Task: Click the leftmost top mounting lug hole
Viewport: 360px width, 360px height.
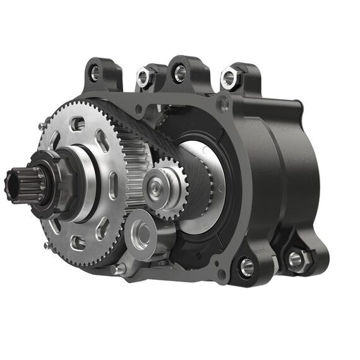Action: pos(95,73)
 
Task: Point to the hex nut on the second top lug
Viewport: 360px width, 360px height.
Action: pos(144,78)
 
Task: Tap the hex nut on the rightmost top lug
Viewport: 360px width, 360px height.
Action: pos(228,78)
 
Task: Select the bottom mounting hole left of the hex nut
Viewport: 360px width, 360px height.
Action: pos(246,267)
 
